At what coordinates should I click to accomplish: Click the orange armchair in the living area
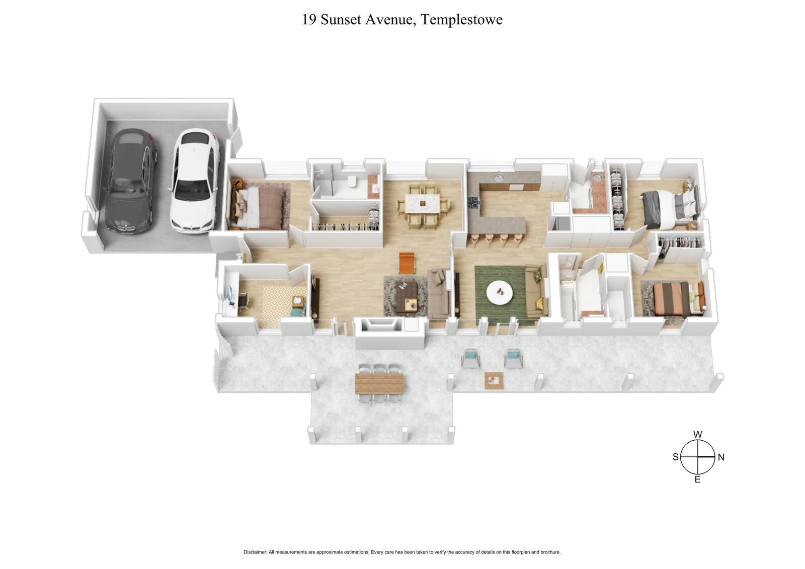click(407, 262)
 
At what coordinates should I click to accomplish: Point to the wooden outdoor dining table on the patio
click(379, 383)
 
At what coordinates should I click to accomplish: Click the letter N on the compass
click(720, 457)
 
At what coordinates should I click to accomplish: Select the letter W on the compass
click(698, 435)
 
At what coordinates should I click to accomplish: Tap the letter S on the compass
click(676, 457)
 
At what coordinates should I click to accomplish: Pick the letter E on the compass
click(698, 479)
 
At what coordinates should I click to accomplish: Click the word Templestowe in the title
click(461, 20)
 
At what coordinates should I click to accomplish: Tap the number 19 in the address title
click(309, 20)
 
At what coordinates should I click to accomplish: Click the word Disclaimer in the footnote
click(255, 552)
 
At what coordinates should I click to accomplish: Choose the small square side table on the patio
click(494, 380)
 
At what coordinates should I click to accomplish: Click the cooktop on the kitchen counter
click(474, 202)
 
